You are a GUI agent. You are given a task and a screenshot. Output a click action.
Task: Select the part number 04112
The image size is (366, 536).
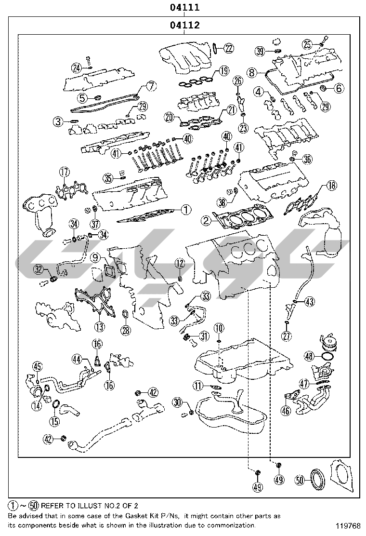[x=185, y=25]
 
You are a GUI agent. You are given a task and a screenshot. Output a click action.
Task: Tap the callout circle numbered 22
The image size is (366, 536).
[x=229, y=48]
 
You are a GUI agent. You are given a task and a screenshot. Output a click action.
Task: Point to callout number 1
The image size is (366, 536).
[x=186, y=210]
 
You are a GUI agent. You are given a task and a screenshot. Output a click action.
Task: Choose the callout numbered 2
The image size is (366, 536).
[x=206, y=221]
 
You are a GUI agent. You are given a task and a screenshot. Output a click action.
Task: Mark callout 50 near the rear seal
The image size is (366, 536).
[x=300, y=480]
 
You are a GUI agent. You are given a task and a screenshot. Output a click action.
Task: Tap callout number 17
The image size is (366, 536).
[x=65, y=172]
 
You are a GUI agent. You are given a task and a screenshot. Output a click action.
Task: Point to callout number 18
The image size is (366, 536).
[x=331, y=185]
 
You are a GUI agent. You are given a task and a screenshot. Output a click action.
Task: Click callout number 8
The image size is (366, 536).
[x=251, y=73]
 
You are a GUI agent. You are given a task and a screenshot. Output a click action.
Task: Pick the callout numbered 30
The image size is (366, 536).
[x=177, y=402]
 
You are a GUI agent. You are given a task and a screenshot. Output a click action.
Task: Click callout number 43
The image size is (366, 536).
[x=310, y=302]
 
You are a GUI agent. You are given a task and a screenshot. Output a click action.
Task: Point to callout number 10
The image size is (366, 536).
[x=219, y=328]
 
